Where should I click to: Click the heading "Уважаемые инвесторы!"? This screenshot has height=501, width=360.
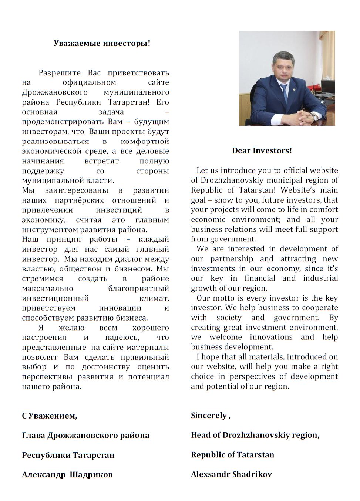pyautogui.click(x=102, y=43)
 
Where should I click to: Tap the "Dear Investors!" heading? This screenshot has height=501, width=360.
pyautogui.click(x=262, y=150)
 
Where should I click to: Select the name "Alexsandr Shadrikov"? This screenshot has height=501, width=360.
pyautogui.click(x=231, y=474)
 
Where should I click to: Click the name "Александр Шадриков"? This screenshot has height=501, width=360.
pyautogui.click(x=67, y=475)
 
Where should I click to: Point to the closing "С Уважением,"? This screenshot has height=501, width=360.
pyautogui.click(x=49, y=416)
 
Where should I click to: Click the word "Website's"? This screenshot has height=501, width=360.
pyautogui.click(x=298, y=190)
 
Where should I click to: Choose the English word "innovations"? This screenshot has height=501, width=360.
pyautogui.click(x=271, y=337)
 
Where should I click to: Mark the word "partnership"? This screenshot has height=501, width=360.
pyautogui.click(x=232, y=259)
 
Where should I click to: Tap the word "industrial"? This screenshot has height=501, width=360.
pyautogui.click(x=320, y=278)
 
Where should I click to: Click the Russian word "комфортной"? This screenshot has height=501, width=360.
pyautogui.click(x=145, y=141)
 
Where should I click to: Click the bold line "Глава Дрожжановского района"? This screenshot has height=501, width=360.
pyautogui.click(x=85, y=436)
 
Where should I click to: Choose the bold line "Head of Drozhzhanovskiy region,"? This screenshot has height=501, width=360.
pyautogui.click(x=255, y=435)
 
